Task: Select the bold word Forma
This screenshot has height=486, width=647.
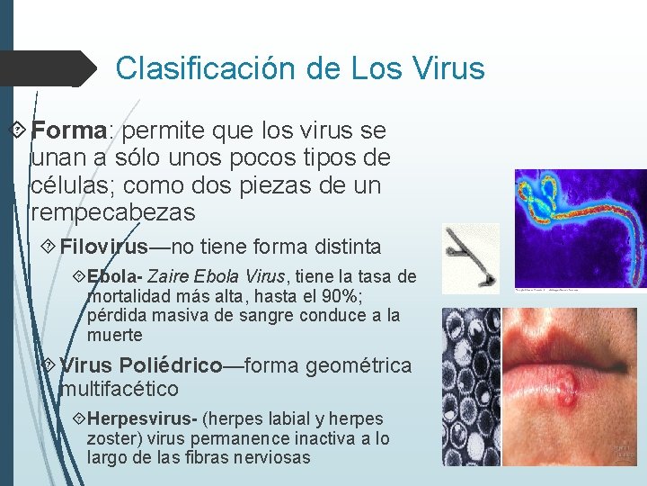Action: (x=69, y=131)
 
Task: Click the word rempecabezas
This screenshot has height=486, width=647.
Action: (x=111, y=213)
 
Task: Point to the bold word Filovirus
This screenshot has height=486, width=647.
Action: (x=103, y=247)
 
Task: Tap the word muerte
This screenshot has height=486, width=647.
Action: (x=114, y=336)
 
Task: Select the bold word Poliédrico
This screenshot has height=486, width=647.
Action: (x=170, y=365)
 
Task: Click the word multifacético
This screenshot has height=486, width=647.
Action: (x=119, y=389)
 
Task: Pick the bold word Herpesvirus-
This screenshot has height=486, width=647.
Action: (x=142, y=418)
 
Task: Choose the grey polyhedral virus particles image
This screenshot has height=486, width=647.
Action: (x=471, y=386)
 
